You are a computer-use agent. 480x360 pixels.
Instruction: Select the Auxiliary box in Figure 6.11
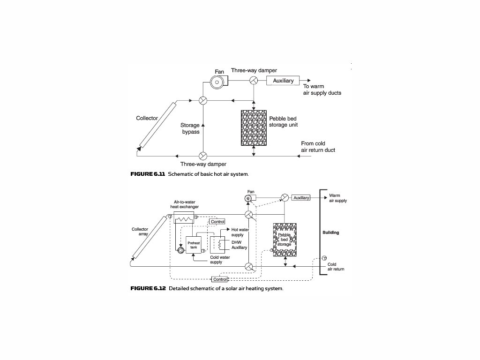(283, 81)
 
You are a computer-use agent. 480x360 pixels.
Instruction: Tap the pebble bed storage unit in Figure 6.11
(253, 127)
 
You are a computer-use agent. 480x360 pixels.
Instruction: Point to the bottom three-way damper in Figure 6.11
(203, 156)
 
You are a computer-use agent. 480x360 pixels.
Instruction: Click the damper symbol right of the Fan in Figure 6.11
(253, 81)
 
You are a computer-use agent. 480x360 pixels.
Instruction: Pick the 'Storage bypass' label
(190, 128)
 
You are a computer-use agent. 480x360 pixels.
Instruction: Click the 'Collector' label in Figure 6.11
(147, 118)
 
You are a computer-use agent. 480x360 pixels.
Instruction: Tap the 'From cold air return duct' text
(318, 147)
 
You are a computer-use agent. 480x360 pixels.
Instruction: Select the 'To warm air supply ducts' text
(322, 90)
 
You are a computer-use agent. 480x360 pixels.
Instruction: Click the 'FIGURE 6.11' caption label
(148, 174)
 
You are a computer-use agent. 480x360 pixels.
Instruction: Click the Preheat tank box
(194, 245)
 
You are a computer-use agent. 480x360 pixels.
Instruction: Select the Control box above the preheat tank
(217, 222)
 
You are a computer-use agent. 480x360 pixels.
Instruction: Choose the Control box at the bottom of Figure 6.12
(219, 279)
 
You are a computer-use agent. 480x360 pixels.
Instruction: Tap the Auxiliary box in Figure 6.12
(301, 198)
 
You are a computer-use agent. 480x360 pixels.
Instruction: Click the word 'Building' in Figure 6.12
(330, 232)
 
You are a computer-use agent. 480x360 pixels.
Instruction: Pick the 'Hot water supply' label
(240, 232)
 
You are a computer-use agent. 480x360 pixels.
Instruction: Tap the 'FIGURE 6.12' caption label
(148, 288)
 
